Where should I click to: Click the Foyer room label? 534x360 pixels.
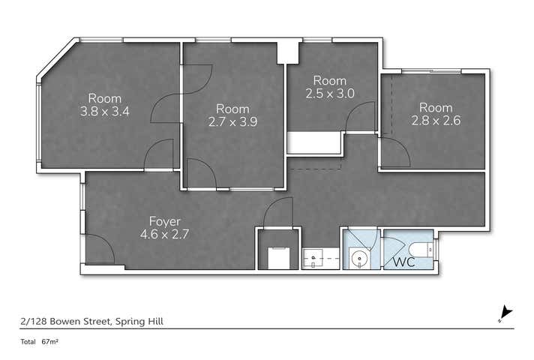pos(163,221)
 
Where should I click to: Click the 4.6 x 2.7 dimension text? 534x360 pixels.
pos(163,234)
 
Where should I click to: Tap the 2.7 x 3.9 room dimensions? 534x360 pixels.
pos(232,121)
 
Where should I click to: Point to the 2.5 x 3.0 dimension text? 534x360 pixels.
pos(329,94)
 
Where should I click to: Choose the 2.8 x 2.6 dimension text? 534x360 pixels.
pos(436,120)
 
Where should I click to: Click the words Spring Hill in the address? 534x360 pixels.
pos(140,321)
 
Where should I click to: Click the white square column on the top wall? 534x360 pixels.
pos(287,52)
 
